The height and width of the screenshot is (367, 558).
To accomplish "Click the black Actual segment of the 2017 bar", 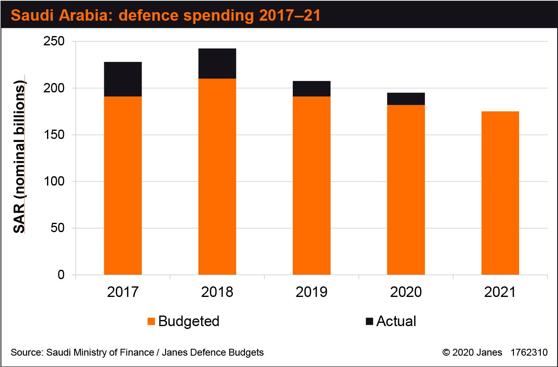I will click(x=123, y=79).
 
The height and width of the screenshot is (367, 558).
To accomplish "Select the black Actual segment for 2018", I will click(x=217, y=64).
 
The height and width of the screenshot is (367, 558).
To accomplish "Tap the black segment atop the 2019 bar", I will click(x=311, y=89).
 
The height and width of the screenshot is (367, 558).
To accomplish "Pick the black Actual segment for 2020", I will click(x=406, y=99).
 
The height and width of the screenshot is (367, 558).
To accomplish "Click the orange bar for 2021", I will click(x=500, y=193).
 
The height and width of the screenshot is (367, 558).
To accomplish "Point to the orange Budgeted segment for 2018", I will click(x=217, y=177).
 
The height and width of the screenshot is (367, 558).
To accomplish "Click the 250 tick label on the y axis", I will click(x=54, y=41).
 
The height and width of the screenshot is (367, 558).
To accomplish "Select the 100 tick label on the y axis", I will click(x=54, y=181).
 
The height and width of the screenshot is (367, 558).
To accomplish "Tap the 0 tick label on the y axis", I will click(x=61, y=275).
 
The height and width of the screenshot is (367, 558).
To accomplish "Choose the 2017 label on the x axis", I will click(x=123, y=292).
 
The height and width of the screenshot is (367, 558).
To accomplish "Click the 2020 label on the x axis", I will click(x=406, y=292).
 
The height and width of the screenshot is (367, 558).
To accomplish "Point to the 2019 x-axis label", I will click(x=311, y=292).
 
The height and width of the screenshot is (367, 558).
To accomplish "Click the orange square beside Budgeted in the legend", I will click(x=151, y=321).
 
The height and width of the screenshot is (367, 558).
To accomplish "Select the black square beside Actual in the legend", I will click(x=369, y=321).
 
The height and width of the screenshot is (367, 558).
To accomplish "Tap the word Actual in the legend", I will click(x=396, y=321).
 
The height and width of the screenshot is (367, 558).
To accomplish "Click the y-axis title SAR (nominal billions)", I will click(x=19, y=157).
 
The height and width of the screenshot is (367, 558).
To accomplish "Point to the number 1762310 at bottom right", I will click(x=529, y=352).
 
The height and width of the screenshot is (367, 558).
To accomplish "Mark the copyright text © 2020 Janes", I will click(x=472, y=352).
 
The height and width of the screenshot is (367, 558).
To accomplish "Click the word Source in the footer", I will click(x=26, y=352).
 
